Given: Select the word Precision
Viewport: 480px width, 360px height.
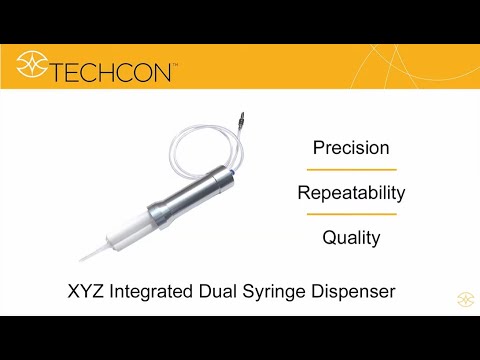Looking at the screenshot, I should tap(351, 148).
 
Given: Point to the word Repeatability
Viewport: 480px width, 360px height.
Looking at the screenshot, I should tap(351, 192).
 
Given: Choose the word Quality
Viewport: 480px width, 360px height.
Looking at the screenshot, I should tap(351, 238).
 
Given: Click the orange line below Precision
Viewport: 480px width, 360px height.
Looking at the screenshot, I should tap(351, 170).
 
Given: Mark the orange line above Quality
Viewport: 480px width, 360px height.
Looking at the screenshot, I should tap(351, 214).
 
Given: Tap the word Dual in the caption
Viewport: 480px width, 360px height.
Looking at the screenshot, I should tap(246, 292).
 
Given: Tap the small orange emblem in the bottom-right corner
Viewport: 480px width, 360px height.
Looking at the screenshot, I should tap(464, 298).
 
